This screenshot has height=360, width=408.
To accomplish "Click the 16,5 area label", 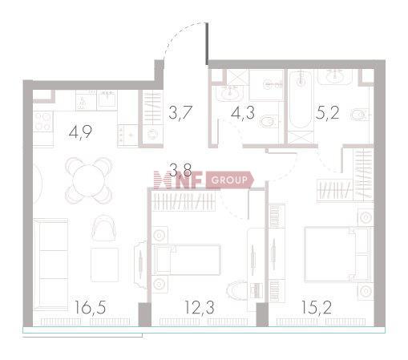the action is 90,307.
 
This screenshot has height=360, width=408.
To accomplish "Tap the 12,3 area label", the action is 200,307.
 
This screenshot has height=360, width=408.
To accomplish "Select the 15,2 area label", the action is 317,307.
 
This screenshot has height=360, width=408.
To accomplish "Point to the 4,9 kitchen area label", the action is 80,132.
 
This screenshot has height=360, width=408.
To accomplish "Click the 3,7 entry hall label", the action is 180,112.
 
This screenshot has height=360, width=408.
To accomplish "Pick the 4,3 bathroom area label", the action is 243,112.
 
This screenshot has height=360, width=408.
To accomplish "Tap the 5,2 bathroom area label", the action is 327,112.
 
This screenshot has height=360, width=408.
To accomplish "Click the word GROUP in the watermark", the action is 229,180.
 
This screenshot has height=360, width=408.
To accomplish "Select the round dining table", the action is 89,180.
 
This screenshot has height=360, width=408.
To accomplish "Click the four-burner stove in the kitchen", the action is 43,122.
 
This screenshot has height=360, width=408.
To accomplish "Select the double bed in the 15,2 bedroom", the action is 338,254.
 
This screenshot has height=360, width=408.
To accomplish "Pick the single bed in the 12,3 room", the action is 187,260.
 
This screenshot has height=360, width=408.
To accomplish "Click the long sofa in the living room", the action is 50,264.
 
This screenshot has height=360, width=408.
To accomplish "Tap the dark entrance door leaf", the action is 207,44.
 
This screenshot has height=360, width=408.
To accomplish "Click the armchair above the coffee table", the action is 104,227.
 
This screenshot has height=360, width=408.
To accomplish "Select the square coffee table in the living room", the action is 104,265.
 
